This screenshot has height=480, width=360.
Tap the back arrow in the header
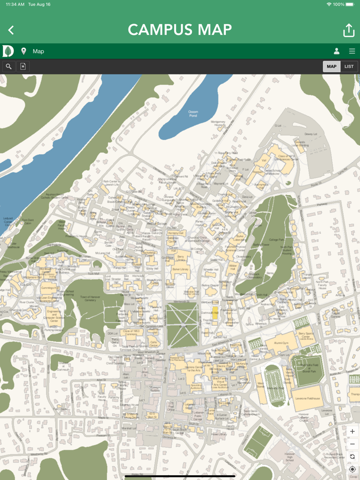point(11,30)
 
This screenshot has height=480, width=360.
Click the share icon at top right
point(349,30)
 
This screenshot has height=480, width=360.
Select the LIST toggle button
point(349,66)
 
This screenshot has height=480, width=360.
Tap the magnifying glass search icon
point(8,66)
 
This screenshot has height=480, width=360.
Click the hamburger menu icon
point(352,51)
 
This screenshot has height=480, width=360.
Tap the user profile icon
point(336,51)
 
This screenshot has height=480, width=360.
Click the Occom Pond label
point(193,113)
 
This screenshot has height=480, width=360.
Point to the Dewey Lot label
point(311,134)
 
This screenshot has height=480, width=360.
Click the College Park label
point(276,239)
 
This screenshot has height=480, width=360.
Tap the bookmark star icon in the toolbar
point(23,66)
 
